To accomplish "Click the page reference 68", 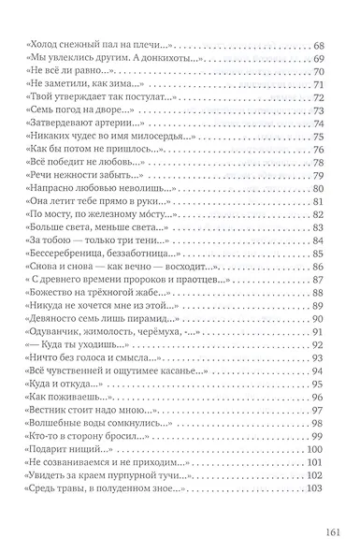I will pyautogui.click(x=317, y=45).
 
